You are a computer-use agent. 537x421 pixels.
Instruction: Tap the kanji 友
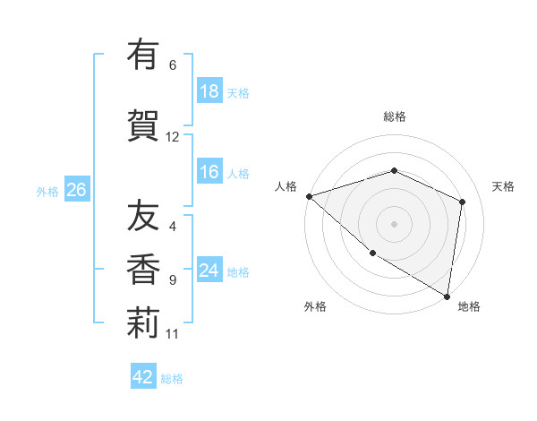143,217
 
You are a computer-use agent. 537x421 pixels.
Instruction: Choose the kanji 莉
143,323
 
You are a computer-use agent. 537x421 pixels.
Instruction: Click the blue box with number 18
209,91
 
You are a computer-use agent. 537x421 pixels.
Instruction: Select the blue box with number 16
209,172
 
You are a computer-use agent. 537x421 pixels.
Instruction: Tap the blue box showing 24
209,271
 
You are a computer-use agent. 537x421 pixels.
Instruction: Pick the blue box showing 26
77,189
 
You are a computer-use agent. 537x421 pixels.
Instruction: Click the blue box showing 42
143,377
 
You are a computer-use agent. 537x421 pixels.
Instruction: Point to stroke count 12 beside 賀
173,137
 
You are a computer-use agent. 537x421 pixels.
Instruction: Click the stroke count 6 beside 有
173,65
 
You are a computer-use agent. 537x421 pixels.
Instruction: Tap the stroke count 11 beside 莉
173,334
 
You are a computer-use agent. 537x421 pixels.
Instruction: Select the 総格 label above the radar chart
395,116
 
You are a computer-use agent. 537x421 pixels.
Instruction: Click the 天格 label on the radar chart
503,186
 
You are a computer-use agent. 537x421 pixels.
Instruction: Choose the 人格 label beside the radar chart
286,186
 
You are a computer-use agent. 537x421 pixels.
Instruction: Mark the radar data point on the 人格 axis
309,195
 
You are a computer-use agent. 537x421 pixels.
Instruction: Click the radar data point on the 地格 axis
447,296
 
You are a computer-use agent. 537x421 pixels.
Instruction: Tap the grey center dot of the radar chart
395,223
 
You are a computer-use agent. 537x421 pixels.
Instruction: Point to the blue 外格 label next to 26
47,191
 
